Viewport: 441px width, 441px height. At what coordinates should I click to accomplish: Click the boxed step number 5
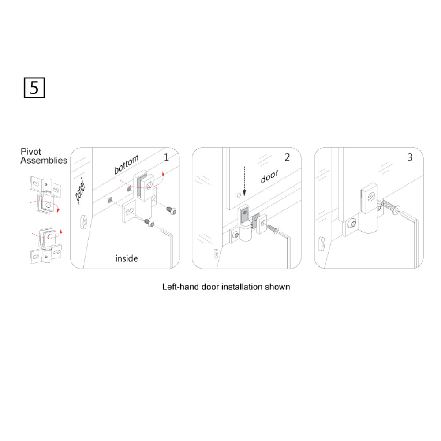(34, 88)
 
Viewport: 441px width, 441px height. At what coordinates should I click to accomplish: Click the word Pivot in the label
(31, 152)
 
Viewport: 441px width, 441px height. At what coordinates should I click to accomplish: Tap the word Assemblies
(44, 161)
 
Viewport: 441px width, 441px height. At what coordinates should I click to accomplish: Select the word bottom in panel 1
(126, 164)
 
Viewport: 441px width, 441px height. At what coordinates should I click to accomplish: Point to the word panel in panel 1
(80, 191)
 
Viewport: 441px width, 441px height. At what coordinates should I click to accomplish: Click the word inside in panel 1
(127, 258)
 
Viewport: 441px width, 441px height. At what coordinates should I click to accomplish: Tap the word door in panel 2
(269, 176)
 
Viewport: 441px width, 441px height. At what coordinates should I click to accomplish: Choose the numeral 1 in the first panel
(166, 157)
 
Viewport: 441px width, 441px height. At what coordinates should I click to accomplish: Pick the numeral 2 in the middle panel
(287, 157)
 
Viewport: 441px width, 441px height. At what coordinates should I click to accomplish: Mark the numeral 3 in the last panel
(410, 157)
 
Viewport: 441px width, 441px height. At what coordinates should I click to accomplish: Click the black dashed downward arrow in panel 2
(244, 181)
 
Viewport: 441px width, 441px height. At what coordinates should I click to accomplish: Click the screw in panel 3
(391, 207)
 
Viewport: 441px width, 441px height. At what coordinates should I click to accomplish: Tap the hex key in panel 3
(412, 239)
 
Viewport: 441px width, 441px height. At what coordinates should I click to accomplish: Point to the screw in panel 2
(273, 229)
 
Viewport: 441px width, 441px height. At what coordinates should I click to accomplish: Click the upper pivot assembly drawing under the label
(45, 194)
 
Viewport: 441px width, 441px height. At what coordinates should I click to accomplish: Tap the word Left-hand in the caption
(180, 287)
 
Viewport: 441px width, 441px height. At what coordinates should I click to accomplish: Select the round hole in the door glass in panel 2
(239, 195)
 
